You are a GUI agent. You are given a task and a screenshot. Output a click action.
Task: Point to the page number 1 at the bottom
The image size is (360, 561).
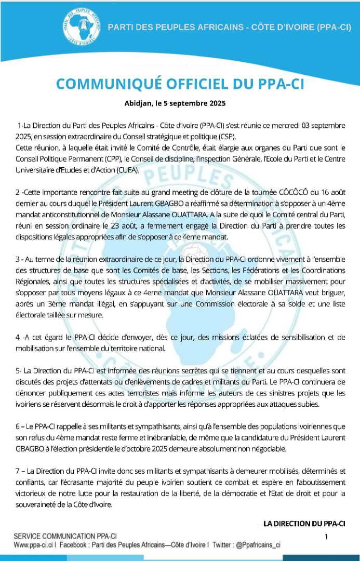click(x=326, y=536)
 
